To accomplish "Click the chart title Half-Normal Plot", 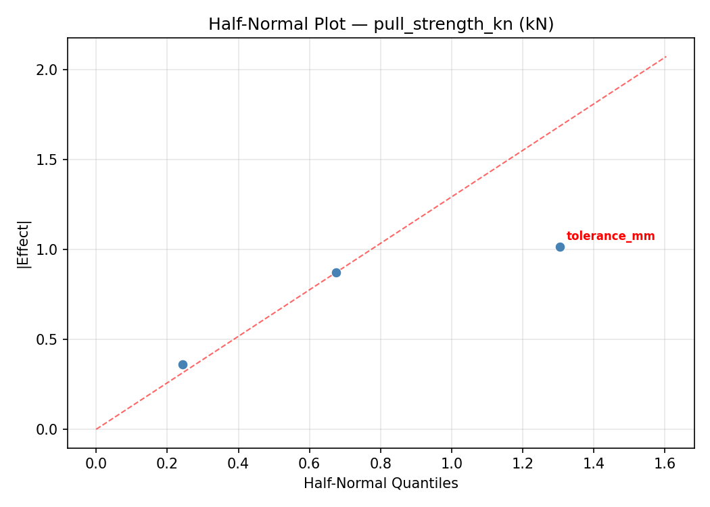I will click(x=381, y=24).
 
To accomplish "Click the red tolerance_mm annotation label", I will click(x=610, y=236).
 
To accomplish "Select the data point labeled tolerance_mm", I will click(x=560, y=247).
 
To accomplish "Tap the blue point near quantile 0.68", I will click(x=336, y=272).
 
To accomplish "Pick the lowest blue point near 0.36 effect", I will click(x=183, y=364).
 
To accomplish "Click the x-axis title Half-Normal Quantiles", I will click(x=381, y=483).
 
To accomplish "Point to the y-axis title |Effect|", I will click(x=24, y=244).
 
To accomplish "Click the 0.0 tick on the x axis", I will click(x=96, y=463).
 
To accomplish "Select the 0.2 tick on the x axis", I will click(x=167, y=463).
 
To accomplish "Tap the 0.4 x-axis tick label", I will click(x=238, y=463).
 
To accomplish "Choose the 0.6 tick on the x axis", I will click(x=309, y=463).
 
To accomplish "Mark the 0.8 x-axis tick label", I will click(x=380, y=463).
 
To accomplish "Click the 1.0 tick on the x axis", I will click(x=452, y=463).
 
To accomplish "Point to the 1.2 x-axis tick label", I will click(x=523, y=463).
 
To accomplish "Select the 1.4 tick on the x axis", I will click(x=594, y=463).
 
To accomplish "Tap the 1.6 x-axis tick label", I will click(x=665, y=463).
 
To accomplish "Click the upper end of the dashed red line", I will click(x=666, y=56).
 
